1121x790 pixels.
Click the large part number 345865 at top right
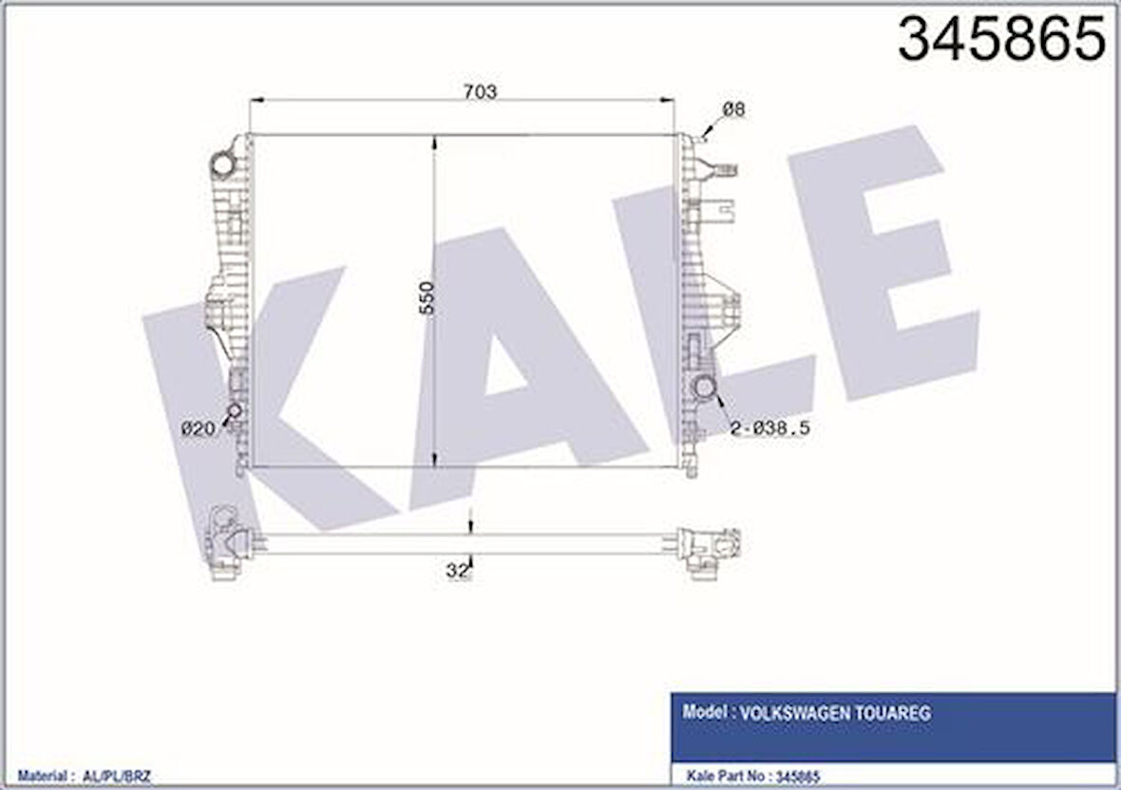(x=1002, y=40)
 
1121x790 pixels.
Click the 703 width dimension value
(x=480, y=91)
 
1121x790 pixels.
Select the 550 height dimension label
(x=427, y=299)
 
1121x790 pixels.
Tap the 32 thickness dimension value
(x=458, y=570)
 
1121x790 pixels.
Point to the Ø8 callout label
(x=733, y=110)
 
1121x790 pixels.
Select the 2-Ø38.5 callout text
(x=769, y=429)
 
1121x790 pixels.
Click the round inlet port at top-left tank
(x=222, y=164)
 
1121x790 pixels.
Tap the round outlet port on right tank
(x=705, y=387)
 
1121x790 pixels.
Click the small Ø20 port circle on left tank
(x=233, y=411)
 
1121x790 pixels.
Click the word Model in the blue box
(x=702, y=713)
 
